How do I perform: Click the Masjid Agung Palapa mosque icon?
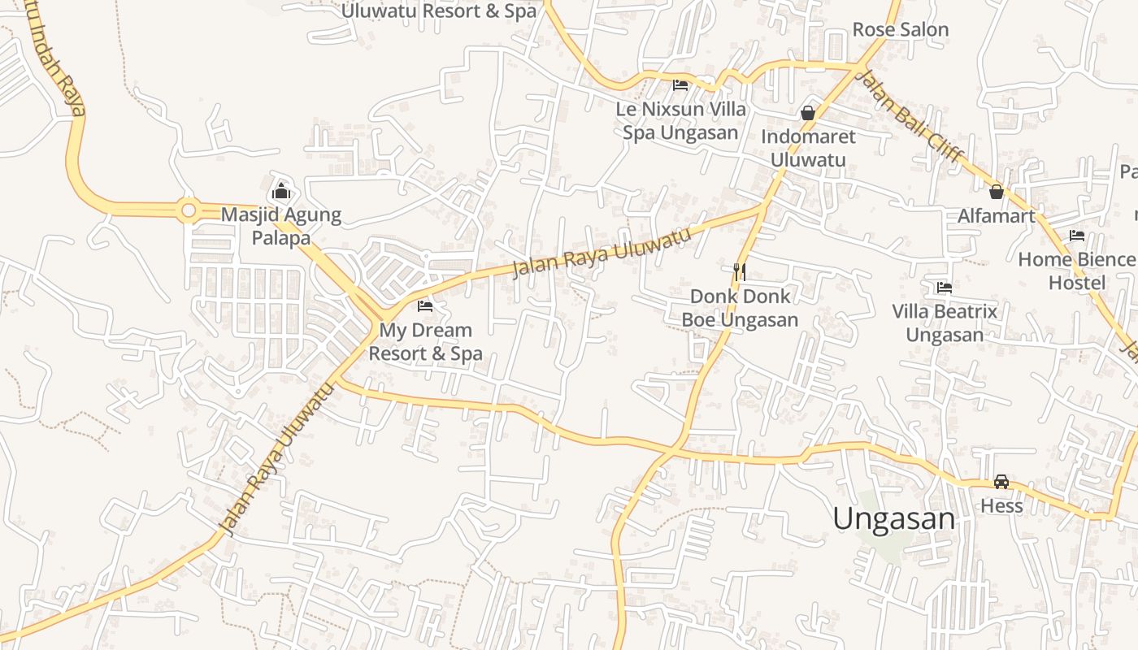click(x=281, y=192)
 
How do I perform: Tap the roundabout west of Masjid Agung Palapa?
click(x=189, y=211)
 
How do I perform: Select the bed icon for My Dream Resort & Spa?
click(x=425, y=306)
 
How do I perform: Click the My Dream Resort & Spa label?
click(x=425, y=342)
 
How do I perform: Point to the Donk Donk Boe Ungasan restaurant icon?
click(x=740, y=271)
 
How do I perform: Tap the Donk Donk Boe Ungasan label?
click(x=740, y=308)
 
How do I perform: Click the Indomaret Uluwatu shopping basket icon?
click(x=808, y=113)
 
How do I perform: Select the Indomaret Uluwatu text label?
click(x=808, y=148)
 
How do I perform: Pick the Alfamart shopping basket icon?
click(x=996, y=193)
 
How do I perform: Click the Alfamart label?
click(x=996, y=216)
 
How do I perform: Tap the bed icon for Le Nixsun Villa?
click(x=680, y=84)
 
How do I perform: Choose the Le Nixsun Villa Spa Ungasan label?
click(x=680, y=120)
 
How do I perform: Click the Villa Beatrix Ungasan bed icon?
click(x=944, y=288)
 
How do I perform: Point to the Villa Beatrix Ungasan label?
click(x=944, y=323)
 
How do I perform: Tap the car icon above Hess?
click(x=1001, y=482)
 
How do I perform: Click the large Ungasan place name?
click(x=894, y=518)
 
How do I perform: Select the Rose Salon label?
click(x=900, y=30)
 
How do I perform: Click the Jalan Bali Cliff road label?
click(x=911, y=116)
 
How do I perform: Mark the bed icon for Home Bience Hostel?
click(x=1077, y=236)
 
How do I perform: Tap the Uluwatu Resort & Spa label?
click(x=439, y=11)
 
